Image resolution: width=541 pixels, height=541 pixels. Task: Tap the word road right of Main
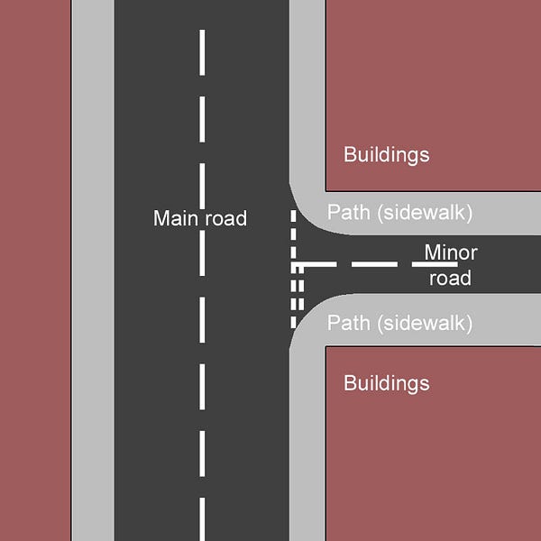pos(225,218)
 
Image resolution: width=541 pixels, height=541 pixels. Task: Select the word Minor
pos(451,252)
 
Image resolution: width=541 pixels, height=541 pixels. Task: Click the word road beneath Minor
pos(450,278)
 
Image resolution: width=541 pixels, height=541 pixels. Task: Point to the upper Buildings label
pos(386,154)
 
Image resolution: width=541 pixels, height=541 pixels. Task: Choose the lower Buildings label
pos(386,383)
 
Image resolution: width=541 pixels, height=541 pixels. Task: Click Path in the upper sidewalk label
pos(347,213)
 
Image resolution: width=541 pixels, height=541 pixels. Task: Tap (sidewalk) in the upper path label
pos(423,213)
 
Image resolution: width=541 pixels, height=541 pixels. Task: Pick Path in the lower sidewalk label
pos(347,323)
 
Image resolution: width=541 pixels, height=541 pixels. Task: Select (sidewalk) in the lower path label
pos(423,323)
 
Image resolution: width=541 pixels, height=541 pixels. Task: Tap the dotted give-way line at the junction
pos(293,270)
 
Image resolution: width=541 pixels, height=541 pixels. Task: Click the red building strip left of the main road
pos(34,270)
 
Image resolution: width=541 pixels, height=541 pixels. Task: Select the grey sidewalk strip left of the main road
pos(92,270)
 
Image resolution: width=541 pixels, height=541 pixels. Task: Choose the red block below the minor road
pos(433,451)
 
